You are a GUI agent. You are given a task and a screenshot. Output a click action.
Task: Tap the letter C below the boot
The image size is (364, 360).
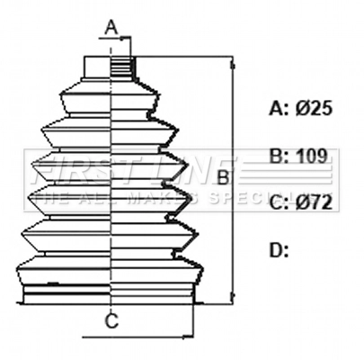111,320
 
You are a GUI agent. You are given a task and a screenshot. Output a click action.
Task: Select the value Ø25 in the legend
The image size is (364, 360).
314,108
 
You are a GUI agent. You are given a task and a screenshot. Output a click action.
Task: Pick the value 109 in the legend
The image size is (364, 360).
312,155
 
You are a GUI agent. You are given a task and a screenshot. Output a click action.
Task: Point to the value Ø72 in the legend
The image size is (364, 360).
314,202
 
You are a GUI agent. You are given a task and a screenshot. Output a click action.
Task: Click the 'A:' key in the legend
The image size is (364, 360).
280,108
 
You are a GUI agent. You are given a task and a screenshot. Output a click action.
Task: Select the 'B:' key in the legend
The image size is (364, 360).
280,155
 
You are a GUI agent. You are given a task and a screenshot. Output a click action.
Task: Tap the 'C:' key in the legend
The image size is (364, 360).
280,202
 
